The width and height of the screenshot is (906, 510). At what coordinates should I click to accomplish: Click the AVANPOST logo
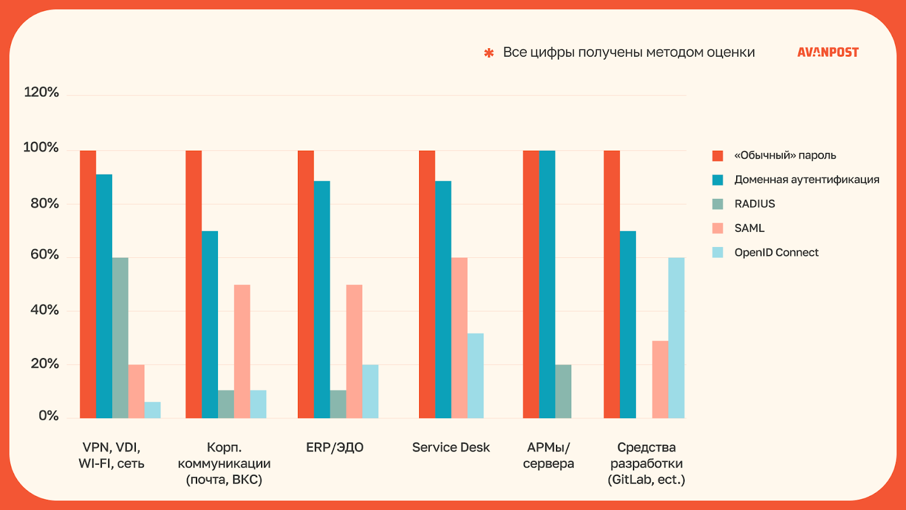pos(828,52)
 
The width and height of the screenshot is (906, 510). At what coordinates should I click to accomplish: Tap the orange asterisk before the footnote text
pos(489,53)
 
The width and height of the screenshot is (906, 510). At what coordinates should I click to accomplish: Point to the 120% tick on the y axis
pos(41,92)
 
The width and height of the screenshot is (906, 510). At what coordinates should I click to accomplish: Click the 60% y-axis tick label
pos(45,254)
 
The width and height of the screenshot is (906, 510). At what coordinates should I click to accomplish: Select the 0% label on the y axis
pos(49,416)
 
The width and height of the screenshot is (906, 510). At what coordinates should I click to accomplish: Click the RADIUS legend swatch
pos(717,204)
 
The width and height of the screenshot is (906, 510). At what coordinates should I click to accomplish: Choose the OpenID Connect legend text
pos(776,253)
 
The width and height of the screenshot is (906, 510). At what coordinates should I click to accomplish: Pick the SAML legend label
pos(749,228)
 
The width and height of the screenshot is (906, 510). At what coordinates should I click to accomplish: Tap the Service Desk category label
pos(451,448)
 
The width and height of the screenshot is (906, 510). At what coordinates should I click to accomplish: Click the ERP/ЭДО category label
pos(335,448)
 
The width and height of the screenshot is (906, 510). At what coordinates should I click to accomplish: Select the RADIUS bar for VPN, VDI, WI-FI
pos(120,338)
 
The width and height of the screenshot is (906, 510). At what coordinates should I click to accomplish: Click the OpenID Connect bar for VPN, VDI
pos(152,410)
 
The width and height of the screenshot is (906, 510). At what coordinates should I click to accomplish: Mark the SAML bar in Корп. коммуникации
pos(242,351)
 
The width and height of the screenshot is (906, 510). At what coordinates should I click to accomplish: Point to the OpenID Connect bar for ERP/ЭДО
pos(370,392)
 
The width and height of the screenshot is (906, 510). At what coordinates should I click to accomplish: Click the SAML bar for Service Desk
pos(459,338)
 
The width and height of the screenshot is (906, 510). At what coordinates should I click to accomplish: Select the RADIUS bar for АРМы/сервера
pos(563,392)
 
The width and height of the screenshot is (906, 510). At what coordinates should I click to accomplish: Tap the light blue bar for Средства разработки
pos(676,338)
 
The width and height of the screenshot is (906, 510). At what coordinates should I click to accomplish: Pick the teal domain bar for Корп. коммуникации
pos(210,325)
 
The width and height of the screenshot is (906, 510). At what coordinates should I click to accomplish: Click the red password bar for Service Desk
pos(427,284)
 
